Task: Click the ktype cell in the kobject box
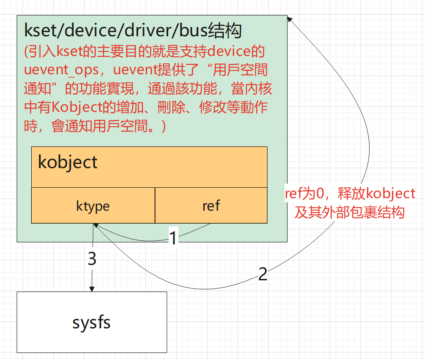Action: tap(93, 206)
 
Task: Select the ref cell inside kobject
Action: tap(211, 206)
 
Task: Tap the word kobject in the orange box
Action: tap(67, 162)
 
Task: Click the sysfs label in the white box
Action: tap(92, 322)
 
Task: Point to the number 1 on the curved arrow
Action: tap(173, 238)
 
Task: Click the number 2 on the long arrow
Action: tap(262, 274)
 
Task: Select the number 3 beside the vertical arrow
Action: tap(92, 259)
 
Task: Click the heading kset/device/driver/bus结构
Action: tap(133, 31)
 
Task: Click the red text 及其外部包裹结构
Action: tap(350, 212)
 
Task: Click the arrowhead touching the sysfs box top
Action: tap(92, 289)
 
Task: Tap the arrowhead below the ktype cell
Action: tap(95, 226)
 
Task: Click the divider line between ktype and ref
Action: tap(155, 205)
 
